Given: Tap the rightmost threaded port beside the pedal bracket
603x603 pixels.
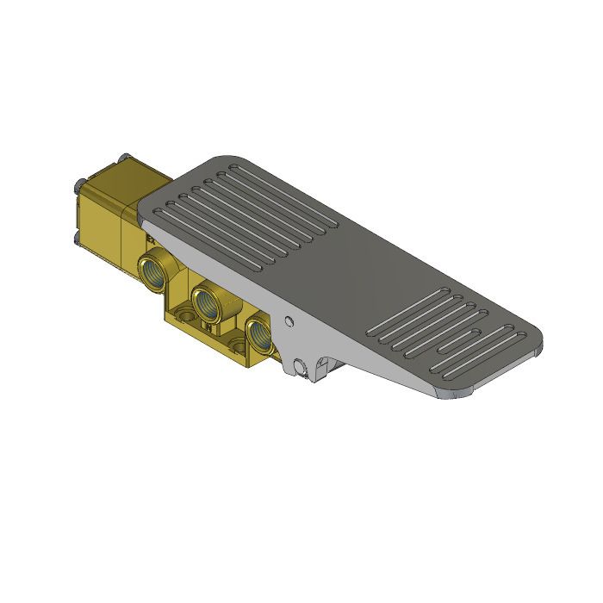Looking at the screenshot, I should coord(258,335).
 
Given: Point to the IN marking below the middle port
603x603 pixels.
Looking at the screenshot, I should coord(206,326).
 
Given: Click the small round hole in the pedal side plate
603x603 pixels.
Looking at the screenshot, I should coord(290,321).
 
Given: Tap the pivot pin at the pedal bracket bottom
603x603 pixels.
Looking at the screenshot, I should coord(299,367).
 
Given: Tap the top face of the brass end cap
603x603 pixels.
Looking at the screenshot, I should coord(129,177).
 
